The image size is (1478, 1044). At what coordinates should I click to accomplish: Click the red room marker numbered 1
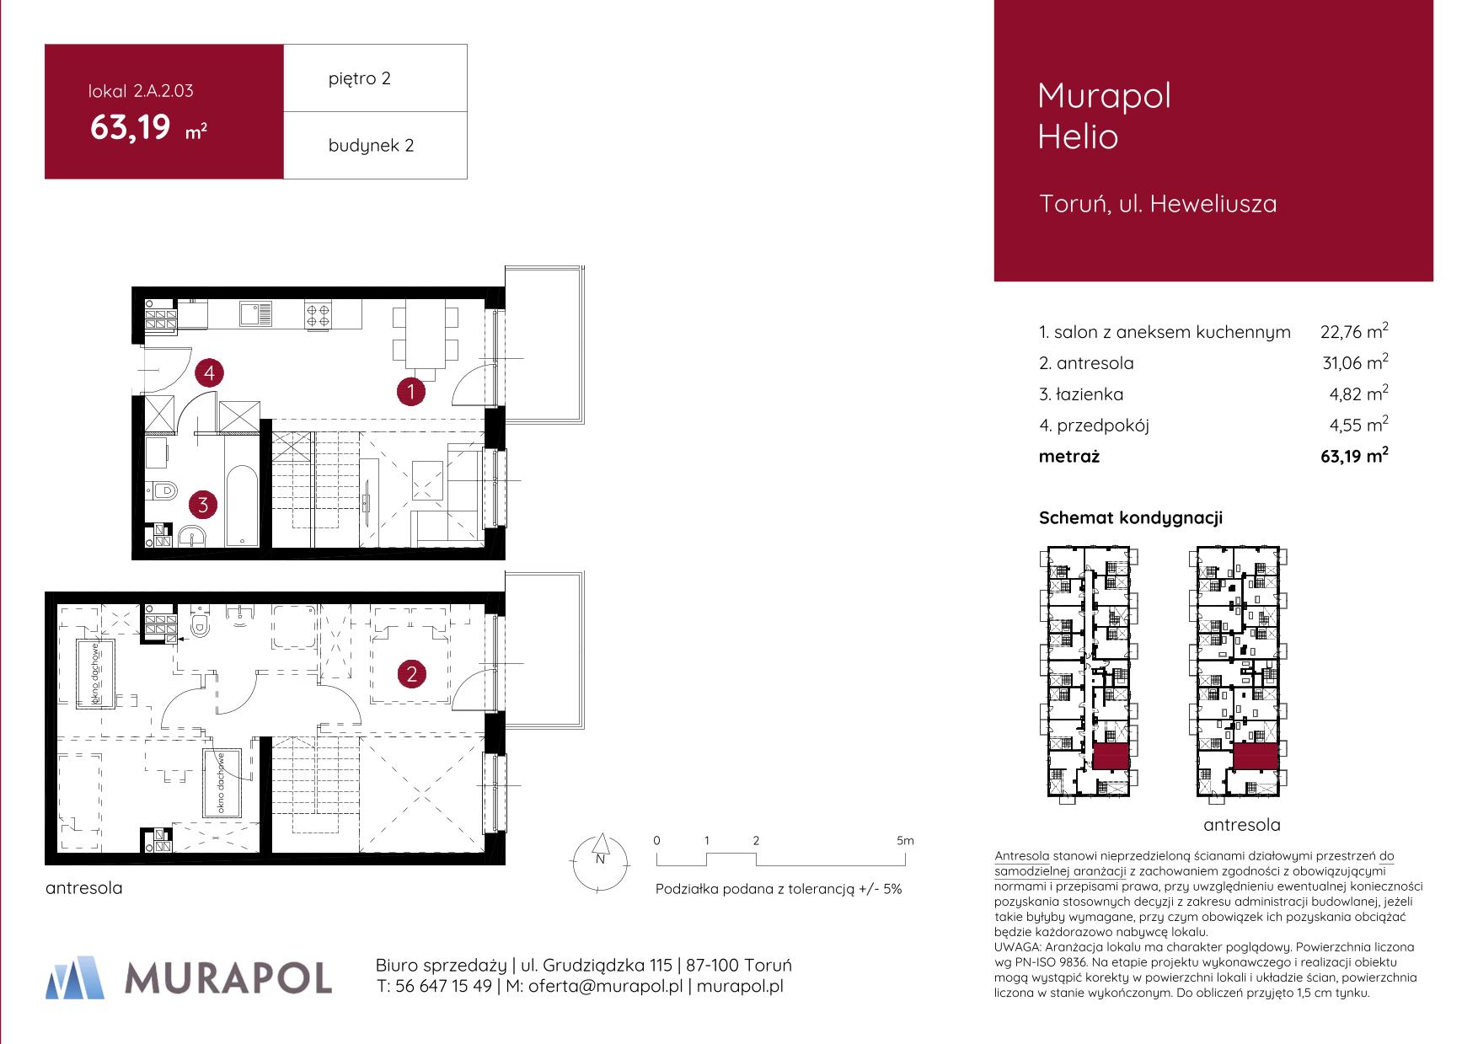(411, 391)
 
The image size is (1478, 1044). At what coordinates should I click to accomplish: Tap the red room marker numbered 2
(412, 674)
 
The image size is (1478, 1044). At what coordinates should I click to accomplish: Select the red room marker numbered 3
(202, 506)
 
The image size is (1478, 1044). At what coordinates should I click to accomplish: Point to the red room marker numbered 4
(209, 372)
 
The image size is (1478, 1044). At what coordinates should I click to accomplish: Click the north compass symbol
(600, 860)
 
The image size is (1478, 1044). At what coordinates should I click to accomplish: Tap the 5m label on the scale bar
(905, 840)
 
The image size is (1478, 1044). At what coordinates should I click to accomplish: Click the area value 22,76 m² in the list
(1354, 331)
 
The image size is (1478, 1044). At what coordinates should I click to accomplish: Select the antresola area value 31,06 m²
(1355, 362)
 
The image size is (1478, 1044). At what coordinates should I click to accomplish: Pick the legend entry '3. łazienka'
(1081, 394)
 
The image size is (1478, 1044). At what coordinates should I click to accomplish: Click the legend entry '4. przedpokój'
(1094, 426)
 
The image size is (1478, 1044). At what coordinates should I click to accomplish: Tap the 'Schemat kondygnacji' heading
(1131, 518)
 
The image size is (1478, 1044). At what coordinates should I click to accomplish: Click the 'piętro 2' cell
(375, 78)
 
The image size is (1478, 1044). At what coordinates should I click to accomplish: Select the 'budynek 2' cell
(375, 145)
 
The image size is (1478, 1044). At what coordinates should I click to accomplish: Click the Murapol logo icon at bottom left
(76, 977)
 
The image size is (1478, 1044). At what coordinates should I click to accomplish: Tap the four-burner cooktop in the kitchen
(319, 315)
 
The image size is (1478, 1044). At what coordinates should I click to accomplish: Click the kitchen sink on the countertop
(255, 314)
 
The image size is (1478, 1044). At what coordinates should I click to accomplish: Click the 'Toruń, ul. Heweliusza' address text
(1159, 204)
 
